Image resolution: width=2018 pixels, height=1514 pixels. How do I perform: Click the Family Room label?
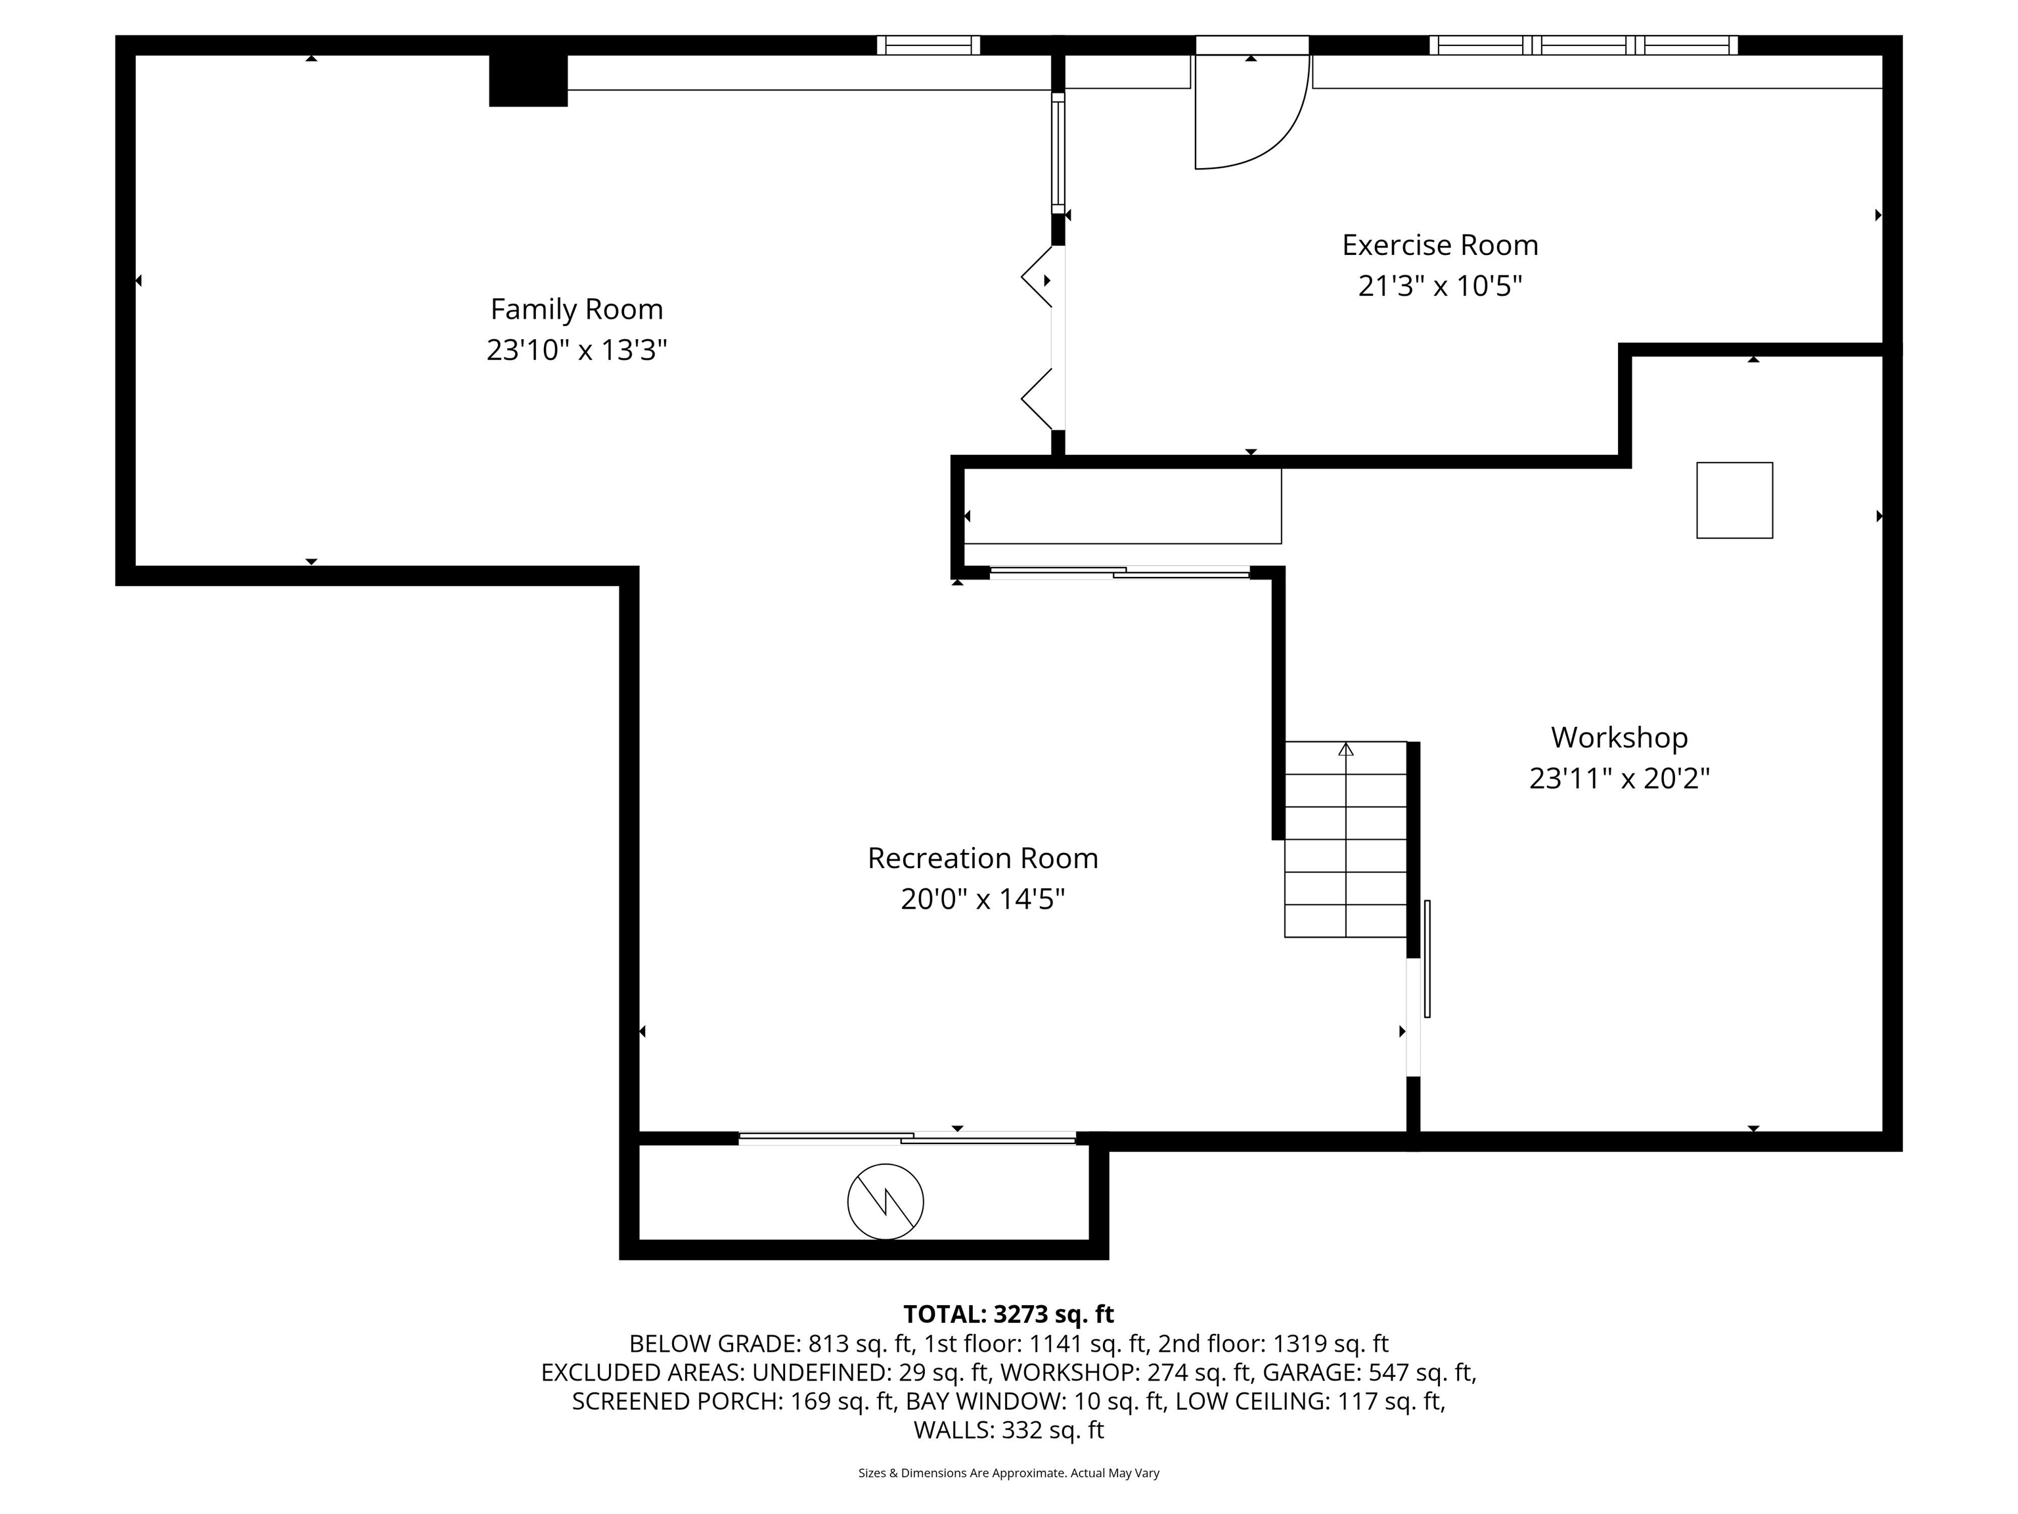coord(577,310)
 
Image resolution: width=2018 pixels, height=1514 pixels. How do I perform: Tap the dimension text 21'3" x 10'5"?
coord(1440,287)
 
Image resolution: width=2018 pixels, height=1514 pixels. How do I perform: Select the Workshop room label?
coord(1619,737)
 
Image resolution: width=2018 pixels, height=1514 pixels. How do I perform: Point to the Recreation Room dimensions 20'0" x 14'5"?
coord(983,900)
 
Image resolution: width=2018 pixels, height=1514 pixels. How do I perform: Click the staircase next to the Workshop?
coord(1345,840)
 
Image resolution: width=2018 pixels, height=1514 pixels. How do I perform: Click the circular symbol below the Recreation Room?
coord(885,1202)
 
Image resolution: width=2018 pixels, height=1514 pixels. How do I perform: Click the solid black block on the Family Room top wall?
coord(528,80)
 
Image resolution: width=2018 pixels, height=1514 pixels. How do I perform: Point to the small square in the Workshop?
coord(1734,500)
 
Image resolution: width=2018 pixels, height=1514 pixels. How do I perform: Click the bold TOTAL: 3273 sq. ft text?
coord(1008,1314)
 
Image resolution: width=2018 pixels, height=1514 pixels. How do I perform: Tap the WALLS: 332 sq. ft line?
coord(1008,1430)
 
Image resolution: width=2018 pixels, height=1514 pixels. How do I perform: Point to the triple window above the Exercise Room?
coord(1583,45)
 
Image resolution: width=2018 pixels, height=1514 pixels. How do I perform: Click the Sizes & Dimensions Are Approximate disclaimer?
coord(1008,1473)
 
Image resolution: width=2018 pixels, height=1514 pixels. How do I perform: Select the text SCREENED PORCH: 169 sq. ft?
coord(732,1401)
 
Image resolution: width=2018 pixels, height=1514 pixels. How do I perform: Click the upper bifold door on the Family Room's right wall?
coord(1037,275)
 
